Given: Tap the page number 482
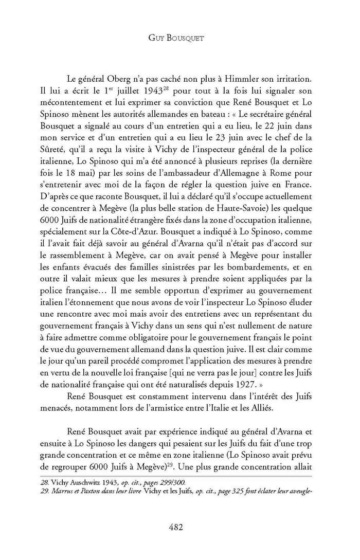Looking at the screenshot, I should click(179, 527).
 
